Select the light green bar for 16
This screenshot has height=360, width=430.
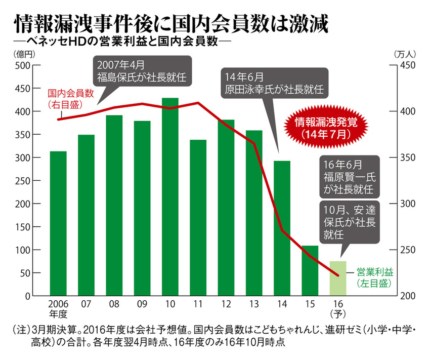[x=337, y=278]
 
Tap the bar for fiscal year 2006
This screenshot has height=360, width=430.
[x=58, y=223]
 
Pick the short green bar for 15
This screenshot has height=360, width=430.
[x=310, y=270]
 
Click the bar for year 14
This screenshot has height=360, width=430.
[x=282, y=228]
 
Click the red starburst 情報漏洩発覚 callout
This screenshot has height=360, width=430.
[x=325, y=128]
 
